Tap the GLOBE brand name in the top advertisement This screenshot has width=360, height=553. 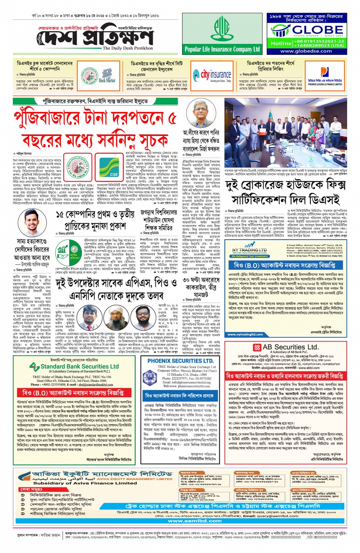pyautogui.click(x=317, y=30)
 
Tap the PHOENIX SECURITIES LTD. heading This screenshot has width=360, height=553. pyautogui.click(x=180, y=360)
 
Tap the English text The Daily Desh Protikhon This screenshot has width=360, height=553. pyautogui.click(x=128, y=48)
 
